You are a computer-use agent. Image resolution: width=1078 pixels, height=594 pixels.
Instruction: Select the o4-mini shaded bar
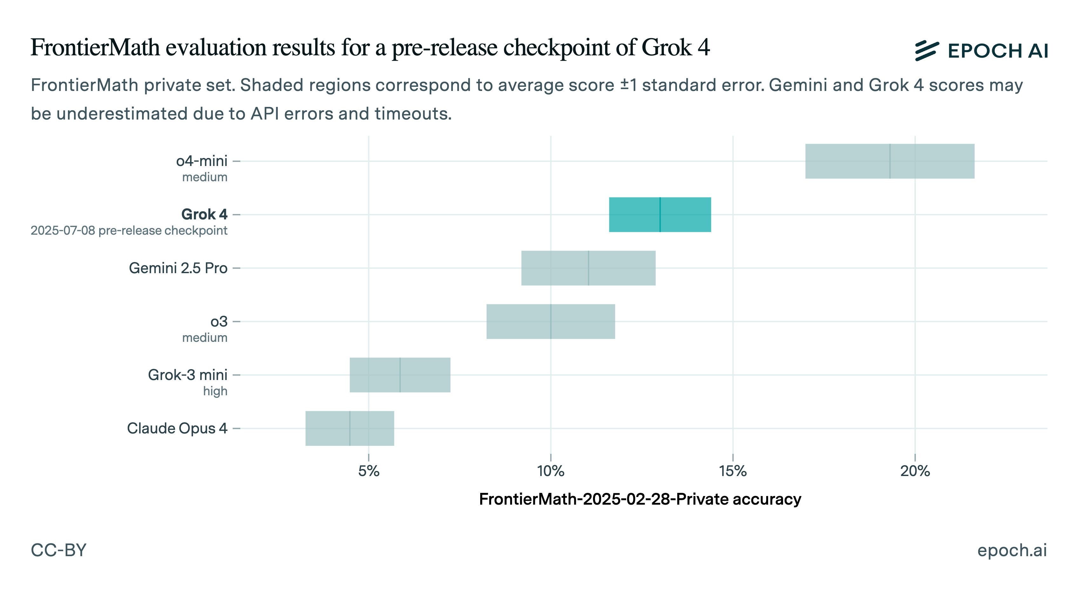(x=889, y=161)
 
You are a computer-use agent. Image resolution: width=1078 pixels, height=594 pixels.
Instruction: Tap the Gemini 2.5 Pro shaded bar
(x=588, y=268)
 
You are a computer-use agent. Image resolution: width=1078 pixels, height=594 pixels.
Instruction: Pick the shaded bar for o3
(x=550, y=321)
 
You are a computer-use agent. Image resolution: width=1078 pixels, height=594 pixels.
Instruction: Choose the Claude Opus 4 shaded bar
(x=350, y=428)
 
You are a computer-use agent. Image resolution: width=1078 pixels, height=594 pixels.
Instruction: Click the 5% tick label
(x=368, y=471)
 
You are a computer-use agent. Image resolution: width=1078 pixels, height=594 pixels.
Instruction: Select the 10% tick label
(x=550, y=471)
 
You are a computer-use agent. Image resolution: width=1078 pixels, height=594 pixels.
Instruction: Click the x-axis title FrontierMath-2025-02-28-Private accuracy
(x=640, y=499)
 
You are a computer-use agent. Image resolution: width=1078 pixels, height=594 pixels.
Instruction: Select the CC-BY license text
(x=58, y=550)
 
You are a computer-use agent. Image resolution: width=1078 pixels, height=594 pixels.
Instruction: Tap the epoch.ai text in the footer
(x=1012, y=550)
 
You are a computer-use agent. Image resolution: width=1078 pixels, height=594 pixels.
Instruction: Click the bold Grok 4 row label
(x=204, y=214)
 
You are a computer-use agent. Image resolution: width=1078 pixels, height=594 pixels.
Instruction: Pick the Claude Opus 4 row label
(x=177, y=428)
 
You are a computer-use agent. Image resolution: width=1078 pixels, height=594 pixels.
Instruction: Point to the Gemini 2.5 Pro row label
(x=178, y=268)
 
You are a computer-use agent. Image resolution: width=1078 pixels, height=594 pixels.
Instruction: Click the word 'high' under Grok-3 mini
(x=215, y=391)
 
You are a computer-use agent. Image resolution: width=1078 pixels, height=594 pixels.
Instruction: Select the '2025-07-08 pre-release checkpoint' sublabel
(x=129, y=231)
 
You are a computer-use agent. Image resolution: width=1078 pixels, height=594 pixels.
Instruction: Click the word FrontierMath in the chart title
(x=95, y=47)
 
